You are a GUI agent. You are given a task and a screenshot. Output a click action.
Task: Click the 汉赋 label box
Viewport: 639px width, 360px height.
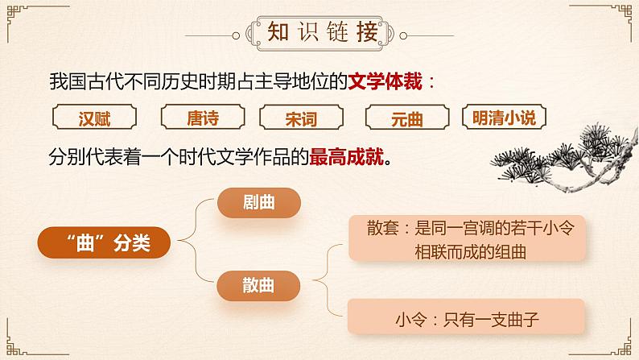[x=95, y=118]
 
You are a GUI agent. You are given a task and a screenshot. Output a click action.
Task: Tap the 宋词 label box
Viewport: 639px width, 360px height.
[x=301, y=118]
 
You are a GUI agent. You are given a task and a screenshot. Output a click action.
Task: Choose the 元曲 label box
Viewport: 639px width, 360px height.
[x=406, y=118]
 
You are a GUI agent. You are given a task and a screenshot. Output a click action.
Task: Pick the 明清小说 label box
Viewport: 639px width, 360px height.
[x=504, y=118]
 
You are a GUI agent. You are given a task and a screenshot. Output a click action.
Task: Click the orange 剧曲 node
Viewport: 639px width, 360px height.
[x=258, y=203]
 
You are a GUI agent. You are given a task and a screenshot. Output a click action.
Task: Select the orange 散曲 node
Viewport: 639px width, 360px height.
[x=258, y=283]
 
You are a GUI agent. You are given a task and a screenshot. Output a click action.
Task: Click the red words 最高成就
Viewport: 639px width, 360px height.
[x=346, y=159]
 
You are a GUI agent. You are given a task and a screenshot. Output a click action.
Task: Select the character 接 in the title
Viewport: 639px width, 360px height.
[x=367, y=33]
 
